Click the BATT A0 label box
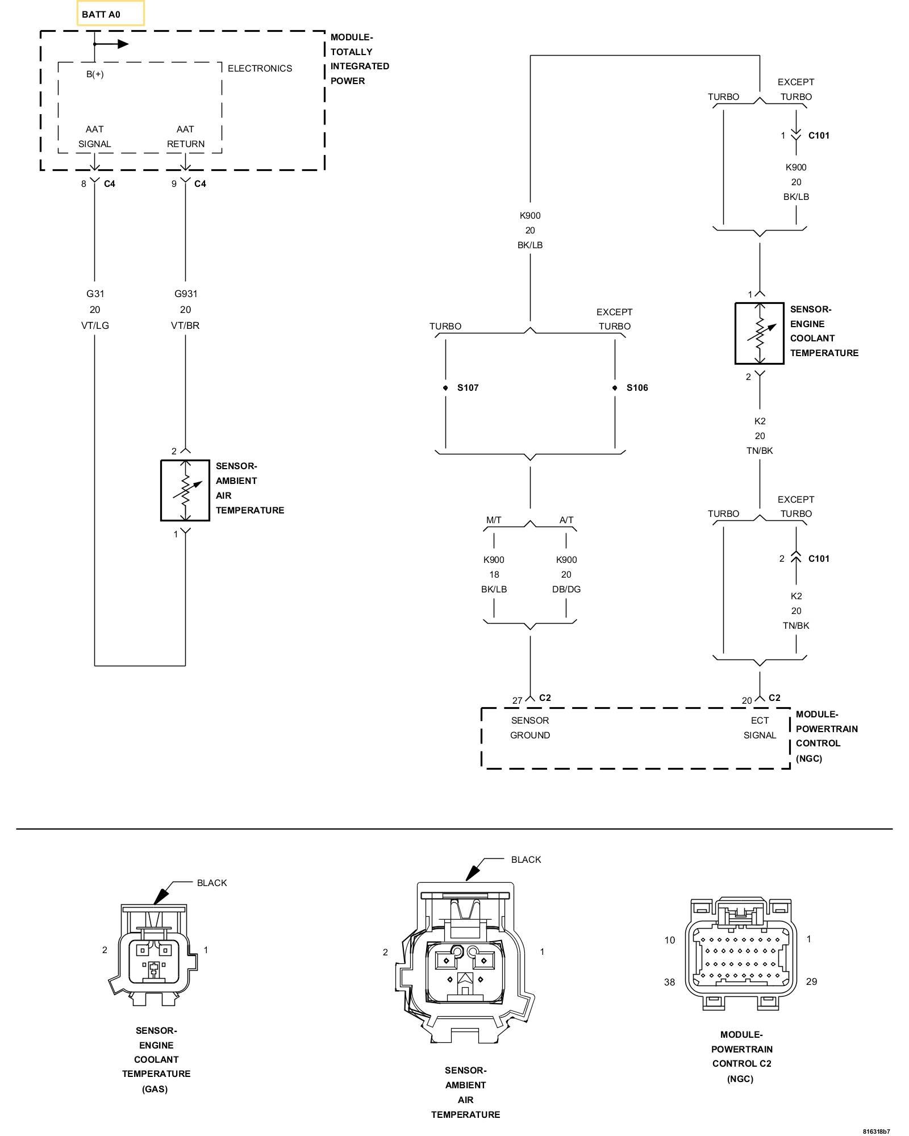111,14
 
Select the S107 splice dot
445,388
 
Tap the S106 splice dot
615,388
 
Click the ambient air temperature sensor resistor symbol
185,490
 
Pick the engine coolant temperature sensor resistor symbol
760,333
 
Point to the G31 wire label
95,294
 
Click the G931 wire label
186,294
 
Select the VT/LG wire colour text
95,325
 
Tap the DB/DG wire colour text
566,589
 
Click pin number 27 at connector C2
517,700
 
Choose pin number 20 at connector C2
747,700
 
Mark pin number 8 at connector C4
84,183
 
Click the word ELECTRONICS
260,68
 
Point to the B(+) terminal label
95,74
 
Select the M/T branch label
494,520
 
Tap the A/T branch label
566,520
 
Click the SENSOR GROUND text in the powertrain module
530,728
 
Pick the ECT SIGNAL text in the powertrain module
760,728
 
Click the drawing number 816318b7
876,1130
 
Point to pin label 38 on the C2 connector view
670,982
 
